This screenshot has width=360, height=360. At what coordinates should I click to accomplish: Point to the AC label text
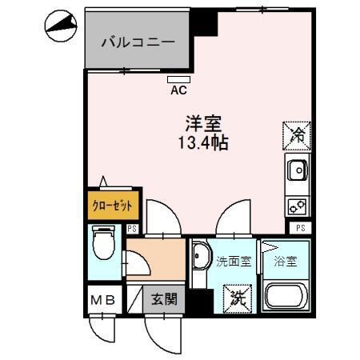(x=179, y=90)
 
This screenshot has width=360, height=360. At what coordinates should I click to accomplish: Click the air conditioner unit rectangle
(x=179, y=79)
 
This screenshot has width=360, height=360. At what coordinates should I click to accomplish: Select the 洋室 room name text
(x=205, y=125)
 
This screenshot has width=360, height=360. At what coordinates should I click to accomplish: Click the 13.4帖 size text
(x=204, y=144)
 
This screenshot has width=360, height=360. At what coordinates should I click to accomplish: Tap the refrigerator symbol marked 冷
(x=295, y=133)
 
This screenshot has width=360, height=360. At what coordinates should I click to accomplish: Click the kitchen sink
(x=296, y=170)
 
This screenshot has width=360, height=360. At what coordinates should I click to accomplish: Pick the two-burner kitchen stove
(x=296, y=205)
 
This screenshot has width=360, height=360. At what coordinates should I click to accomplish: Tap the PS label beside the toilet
(x=132, y=229)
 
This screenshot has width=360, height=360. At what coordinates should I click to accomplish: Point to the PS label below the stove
(x=300, y=229)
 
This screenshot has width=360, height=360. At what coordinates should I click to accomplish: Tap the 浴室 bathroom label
(x=284, y=262)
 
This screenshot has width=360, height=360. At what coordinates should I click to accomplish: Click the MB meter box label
(x=105, y=302)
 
